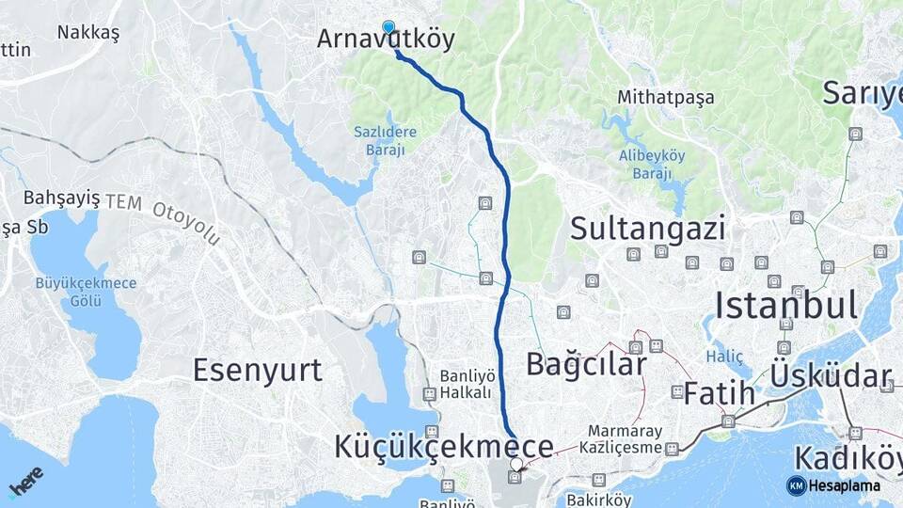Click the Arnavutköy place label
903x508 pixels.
click(x=386, y=40)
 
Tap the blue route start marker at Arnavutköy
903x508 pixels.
click(x=388, y=27)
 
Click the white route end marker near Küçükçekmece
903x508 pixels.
click(x=515, y=464)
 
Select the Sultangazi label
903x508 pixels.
click(x=648, y=229)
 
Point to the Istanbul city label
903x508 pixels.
click(x=785, y=306)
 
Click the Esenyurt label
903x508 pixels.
click(x=257, y=370)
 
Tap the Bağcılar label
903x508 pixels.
click(x=586, y=364)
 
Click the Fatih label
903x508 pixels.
click(x=720, y=393)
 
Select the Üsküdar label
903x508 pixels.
click(x=831, y=375)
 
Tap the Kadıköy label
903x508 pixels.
click(x=848, y=458)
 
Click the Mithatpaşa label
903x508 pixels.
click(x=665, y=97)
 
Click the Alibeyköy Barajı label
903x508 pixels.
click(x=645, y=164)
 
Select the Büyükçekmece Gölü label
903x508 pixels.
click(x=86, y=291)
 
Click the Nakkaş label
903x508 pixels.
click(x=88, y=33)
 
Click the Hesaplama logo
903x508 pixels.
click(x=833, y=485)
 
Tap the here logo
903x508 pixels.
click(x=25, y=481)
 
